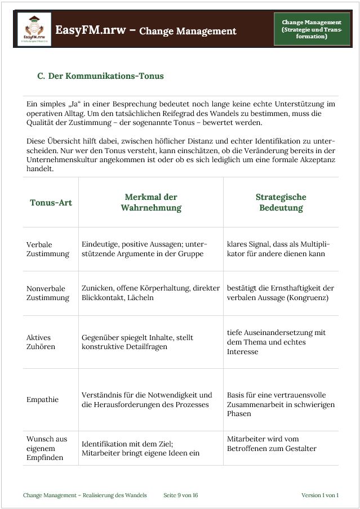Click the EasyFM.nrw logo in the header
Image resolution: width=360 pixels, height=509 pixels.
coord(34,29)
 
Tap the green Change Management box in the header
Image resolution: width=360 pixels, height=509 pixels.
coord(312,29)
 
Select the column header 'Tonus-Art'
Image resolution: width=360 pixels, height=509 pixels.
coord(51,203)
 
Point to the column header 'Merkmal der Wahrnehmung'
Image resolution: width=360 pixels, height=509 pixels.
coord(151,203)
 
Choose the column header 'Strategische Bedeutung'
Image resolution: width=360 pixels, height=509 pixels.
coord(281,203)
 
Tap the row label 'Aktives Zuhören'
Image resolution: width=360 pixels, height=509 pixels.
coord(41,342)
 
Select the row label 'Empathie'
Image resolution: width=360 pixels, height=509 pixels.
coord(42,400)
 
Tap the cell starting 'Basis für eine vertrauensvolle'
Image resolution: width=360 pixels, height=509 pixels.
coord(281,404)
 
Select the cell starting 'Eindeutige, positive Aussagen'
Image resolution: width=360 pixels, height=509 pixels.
coord(144,249)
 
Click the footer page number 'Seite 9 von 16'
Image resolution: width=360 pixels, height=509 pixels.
coord(180,495)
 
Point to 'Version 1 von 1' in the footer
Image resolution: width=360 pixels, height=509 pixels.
coord(319,495)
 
